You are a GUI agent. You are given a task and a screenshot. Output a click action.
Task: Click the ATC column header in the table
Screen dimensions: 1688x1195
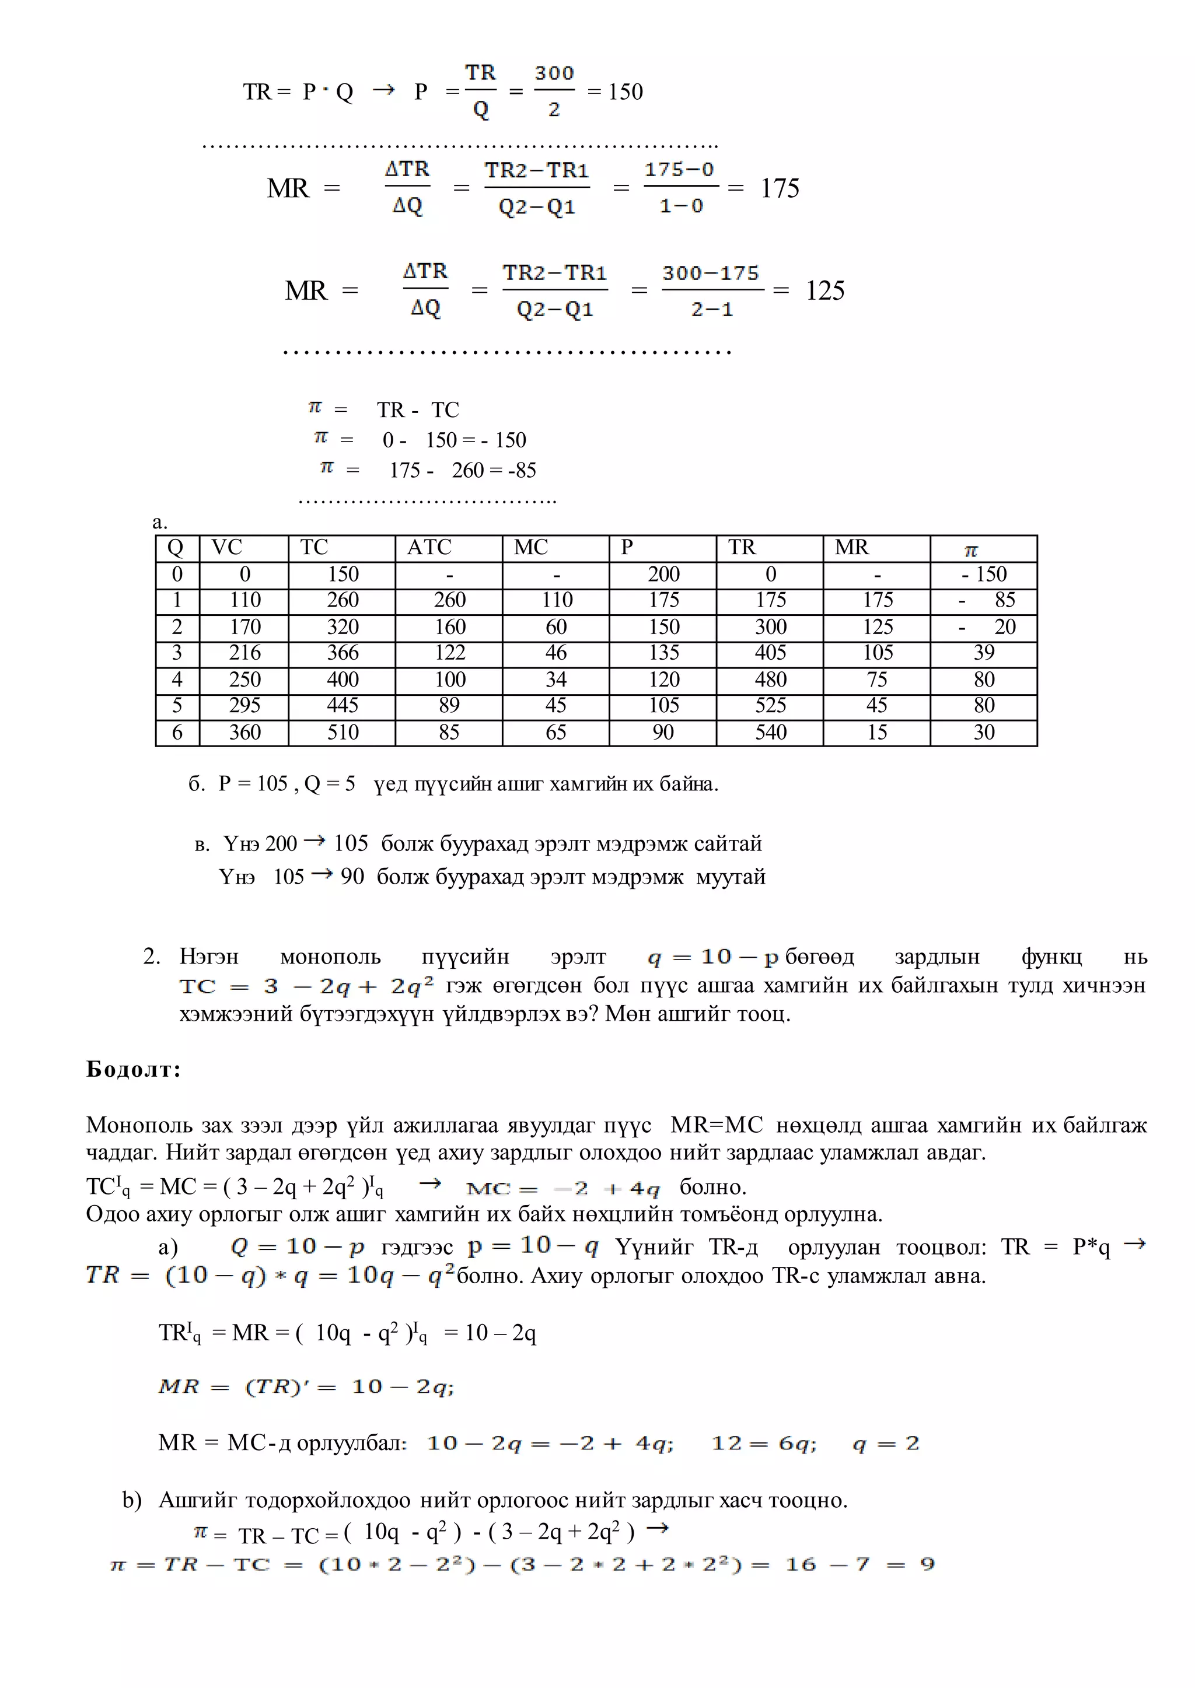pyautogui.click(x=429, y=547)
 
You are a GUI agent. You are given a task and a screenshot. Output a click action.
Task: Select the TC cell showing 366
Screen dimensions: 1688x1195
pyautogui.click(x=343, y=653)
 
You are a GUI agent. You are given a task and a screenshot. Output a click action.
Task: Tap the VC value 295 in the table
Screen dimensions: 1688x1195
pyautogui.click(x=245, y=705)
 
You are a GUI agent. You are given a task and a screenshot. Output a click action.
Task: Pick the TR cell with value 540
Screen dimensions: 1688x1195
pyautogui.click(x=770, y=732)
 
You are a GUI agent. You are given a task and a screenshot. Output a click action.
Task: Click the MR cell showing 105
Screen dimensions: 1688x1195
pyautogui.click(x=878, y=653)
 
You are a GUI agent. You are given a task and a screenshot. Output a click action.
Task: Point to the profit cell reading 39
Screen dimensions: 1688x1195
pyautogui.click(x=984, y=653)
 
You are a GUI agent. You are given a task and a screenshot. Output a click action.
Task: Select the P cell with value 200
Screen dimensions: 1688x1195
pyautogui.click(x=663, y=574)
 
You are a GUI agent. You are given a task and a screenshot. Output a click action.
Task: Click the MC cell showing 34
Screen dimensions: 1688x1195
pyautogui.click(x=556, y=679)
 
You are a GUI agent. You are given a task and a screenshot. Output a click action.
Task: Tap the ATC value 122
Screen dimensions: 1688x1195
pyautogui.click(x=450, y=653)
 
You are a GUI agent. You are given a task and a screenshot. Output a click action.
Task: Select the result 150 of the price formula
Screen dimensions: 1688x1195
pyautogui.click(x=626, y=92)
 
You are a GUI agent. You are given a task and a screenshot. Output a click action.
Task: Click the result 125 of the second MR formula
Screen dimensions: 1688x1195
pyautogui.click(x=825, y=290)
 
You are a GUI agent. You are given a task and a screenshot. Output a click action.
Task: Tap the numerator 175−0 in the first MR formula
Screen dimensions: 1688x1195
pyautogui.click(x=679, y=170)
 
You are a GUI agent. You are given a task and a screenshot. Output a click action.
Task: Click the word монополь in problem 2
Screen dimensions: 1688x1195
pyautogui.click(x=330, y=957)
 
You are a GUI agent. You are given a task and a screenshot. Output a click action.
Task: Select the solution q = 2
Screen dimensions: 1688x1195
pyautogui.click(x=886, y=1443)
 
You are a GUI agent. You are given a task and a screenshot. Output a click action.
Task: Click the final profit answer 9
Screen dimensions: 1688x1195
pyautogui.click(x=927, y=1564)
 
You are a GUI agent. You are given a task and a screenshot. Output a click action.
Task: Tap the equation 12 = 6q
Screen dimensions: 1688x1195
pyautogui.click(x=764, y=1443)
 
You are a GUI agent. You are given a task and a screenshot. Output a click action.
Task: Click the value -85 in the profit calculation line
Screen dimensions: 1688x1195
pyautogui.click(x=522, y=470)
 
